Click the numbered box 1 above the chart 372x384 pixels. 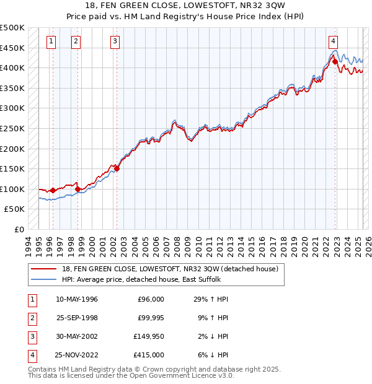click(x=50, y=41)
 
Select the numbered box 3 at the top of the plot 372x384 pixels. click(x=115, y=41)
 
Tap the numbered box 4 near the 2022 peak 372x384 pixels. click(x=333, y=41)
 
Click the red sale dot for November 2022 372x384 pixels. click(x=335, y=61)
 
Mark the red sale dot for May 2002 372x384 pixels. click(x=117, y=168)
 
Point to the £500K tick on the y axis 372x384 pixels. click(x=12, y=28)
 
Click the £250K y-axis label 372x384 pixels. click(x=12, y=128)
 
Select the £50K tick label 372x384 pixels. click(x=15, y=209)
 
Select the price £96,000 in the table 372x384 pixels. click(x=151, y=300)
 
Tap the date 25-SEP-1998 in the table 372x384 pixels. click(x=77, y=318)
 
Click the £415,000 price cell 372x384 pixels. click(x=149, y=355)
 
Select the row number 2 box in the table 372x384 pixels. click(x=31, y=318)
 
